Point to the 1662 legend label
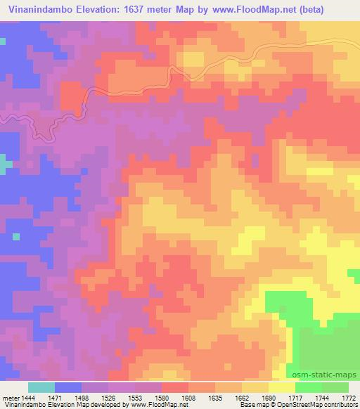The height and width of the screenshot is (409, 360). (x=242, y=398)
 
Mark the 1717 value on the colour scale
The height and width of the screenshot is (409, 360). (x=297, y=398)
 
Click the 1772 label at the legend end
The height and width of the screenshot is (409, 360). (x=349, y=398)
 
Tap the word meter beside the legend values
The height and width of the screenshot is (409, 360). (x=10, y=398)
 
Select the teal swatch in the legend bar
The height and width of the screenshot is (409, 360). (x=41, y=387)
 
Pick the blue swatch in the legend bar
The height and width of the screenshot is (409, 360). (x=68, y=387)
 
